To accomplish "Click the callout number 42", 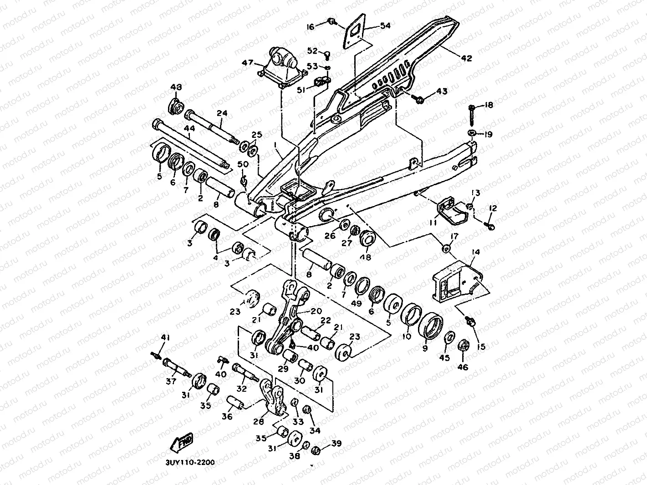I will [x=466, y=58].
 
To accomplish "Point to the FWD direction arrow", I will [x=182, y=441].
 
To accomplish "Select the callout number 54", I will [x=385, y=26].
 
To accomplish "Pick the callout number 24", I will [x=221, y=113].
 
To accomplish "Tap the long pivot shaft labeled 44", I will [x=191, y=143].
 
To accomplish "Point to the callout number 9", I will [x=426, y=349].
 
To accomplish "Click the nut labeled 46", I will [x=463, y=346].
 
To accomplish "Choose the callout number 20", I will [x=316, y=311].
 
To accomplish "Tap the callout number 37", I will [x=171, y=381].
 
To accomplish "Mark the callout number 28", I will [x=259, y=422].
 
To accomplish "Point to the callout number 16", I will [x=310, y=27].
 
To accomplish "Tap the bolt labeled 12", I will [x=490, y=225].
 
